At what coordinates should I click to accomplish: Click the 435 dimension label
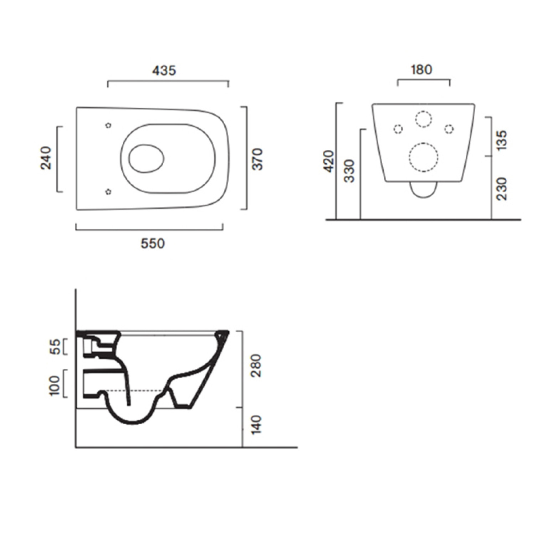pos(164,70)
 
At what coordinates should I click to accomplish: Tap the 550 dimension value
pos(153,244)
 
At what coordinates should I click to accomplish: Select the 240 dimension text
pos(46,158)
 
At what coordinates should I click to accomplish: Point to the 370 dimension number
pos(257,159)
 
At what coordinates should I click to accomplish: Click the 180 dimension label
pos(421,69)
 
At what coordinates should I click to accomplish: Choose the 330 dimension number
pos(351,171)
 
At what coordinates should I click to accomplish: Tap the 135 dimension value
pos(501,140)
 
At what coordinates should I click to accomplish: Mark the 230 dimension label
pos(501,189)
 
